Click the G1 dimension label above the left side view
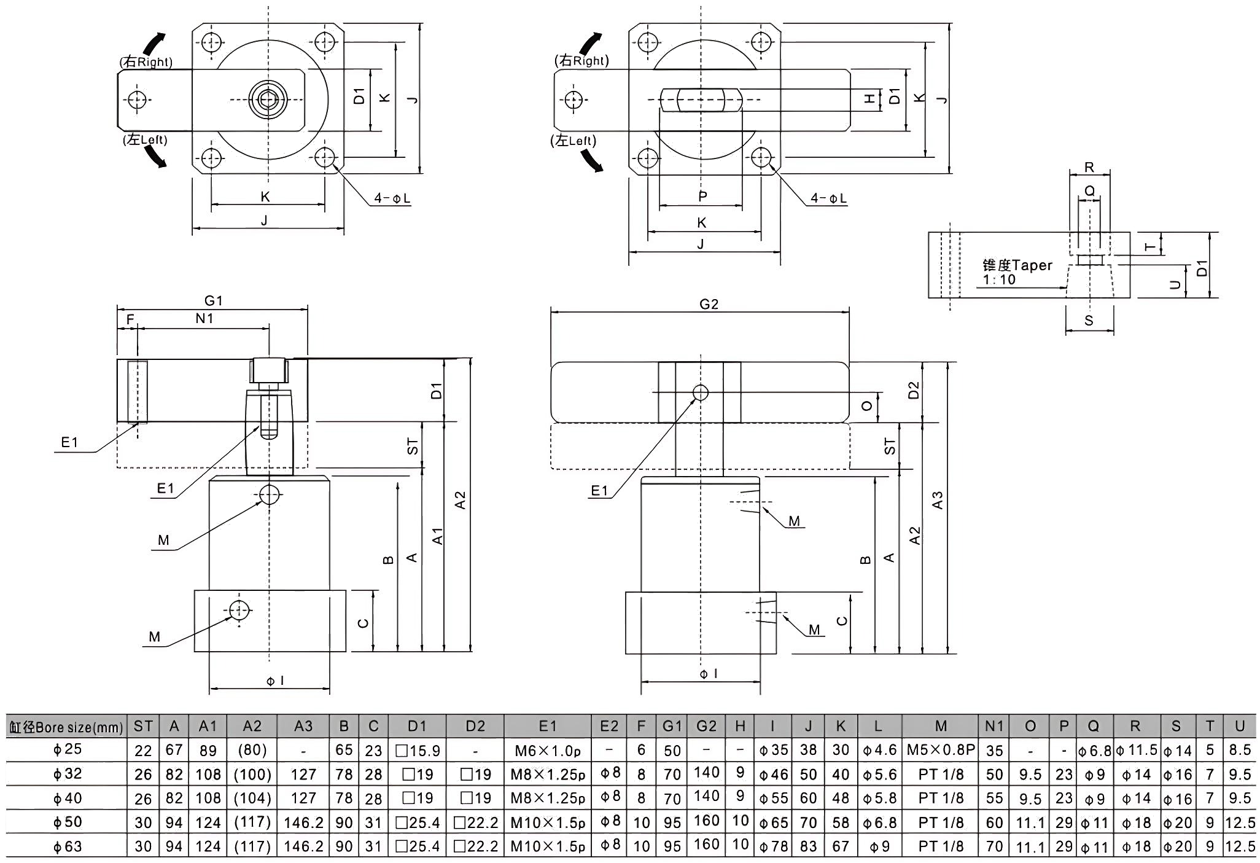(x=213, y=300)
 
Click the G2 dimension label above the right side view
(x=709, y=304)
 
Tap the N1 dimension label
(x=204, y=318)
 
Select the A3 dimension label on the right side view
(x=937, y=501)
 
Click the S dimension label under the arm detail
(x=1089, y=321)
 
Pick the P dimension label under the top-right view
(x=702, y=197)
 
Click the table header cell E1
(x=547, y=726)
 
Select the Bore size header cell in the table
(x=66, y=727)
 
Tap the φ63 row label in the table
(x=68, y=846)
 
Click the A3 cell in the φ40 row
(x=303, y=798)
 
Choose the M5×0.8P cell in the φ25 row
(x=941, y=750)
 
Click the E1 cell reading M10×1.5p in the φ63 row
(x=547, y=846)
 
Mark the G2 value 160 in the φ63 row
(x=706, y=844)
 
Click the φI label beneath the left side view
(x=274, y=680)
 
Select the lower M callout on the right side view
(x=814, y=630)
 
